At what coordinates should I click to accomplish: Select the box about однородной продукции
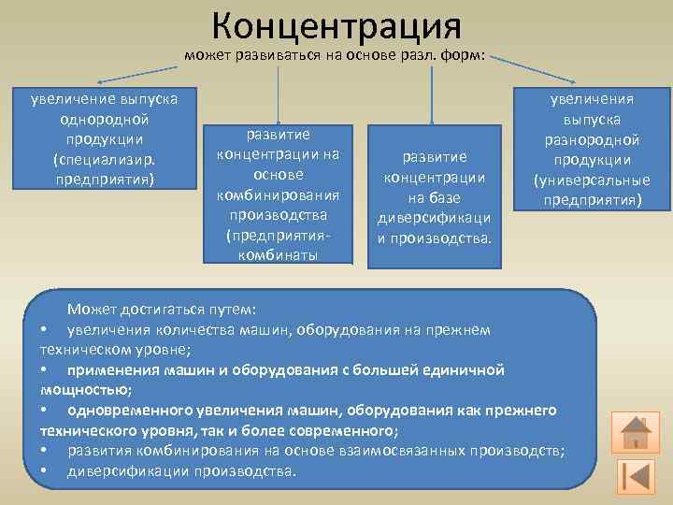pos(104,137)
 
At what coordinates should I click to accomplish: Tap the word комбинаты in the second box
pos(277,254)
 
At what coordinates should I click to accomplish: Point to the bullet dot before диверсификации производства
pos(44,471)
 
